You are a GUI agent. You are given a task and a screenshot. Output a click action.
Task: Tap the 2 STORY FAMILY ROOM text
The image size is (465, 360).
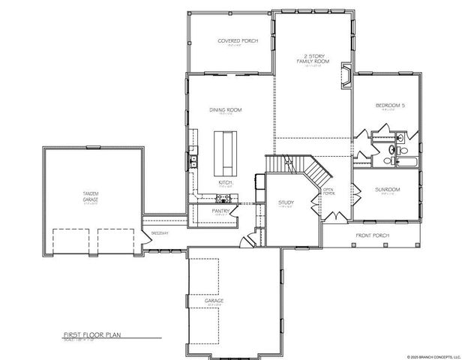(x=313, y=59)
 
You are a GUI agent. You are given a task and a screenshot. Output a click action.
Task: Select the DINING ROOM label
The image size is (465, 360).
(x=226, y=110)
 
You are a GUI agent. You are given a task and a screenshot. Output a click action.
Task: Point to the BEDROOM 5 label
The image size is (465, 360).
(x=390, y=106)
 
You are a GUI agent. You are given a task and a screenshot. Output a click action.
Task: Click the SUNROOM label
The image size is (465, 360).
(x=388, y=190)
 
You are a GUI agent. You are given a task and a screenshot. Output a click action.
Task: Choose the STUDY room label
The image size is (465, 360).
(x=285, y=202)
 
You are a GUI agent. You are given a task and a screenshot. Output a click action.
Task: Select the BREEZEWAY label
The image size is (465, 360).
(x=159, y=233)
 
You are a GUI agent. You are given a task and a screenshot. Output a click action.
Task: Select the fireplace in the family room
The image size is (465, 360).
(x=346, y=77)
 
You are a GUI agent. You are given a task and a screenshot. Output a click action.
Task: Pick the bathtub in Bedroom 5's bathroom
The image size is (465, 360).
(x=409, y=161)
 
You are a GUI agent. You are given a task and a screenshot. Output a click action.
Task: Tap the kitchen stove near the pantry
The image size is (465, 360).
(x=223, y=199)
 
